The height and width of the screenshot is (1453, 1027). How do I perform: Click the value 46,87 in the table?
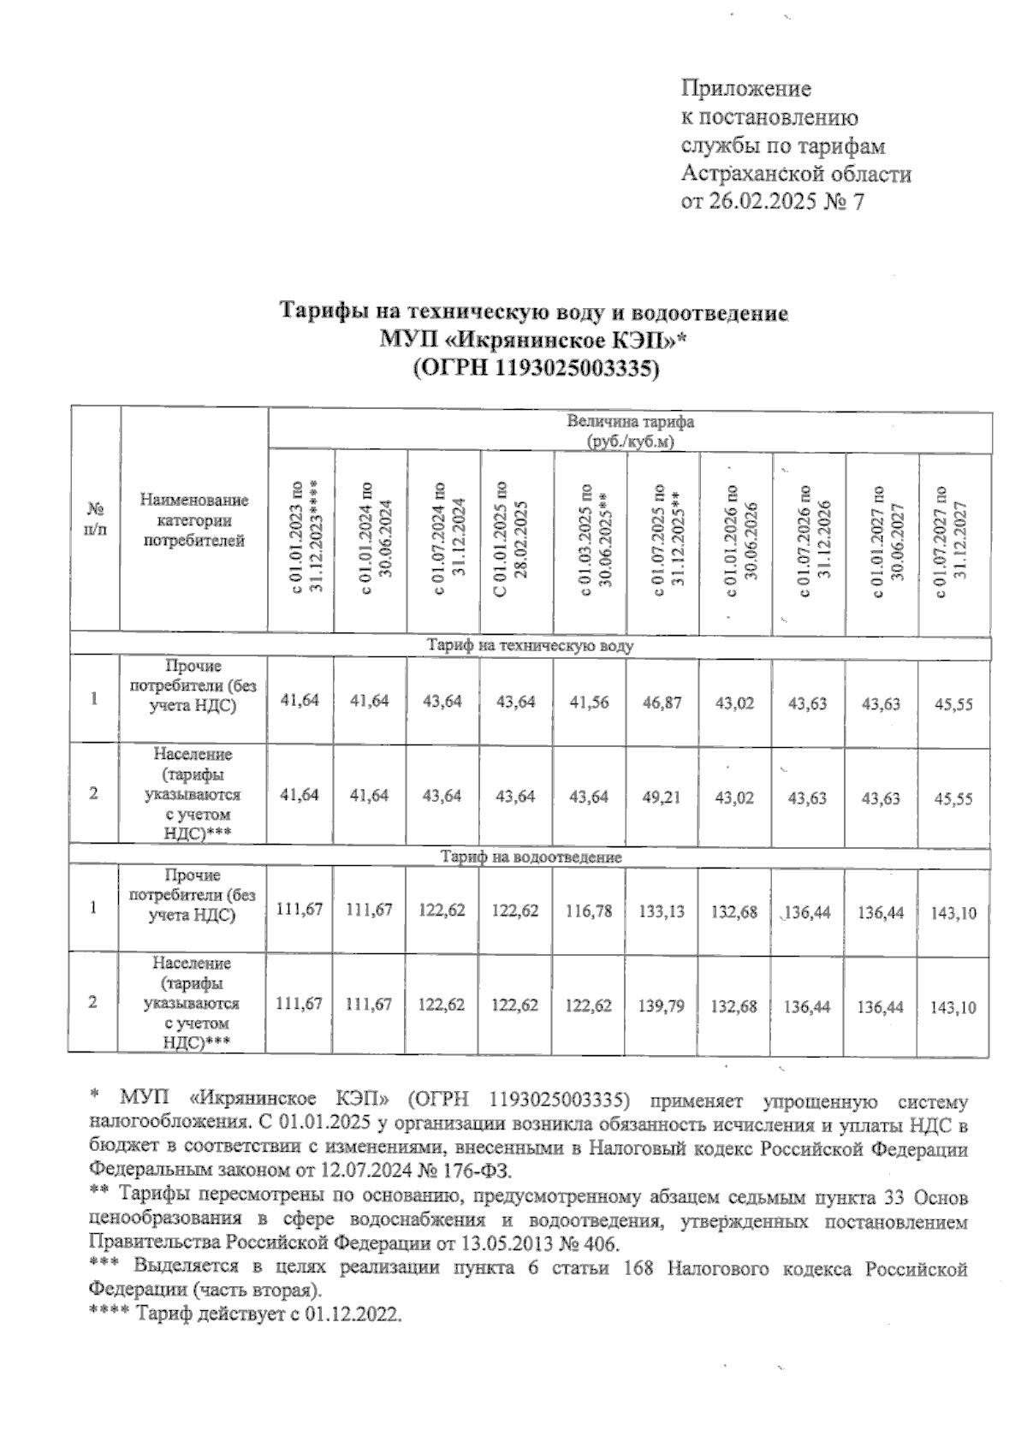662,702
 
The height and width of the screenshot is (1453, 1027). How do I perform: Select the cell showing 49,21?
662,797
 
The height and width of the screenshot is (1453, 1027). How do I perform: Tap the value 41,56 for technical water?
590,701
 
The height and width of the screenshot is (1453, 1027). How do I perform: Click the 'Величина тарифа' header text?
630,422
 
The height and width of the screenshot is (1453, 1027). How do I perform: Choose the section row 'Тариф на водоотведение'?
531,857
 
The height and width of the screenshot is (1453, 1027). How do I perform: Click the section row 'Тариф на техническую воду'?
531,646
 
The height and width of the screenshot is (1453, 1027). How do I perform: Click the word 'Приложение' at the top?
745,88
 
